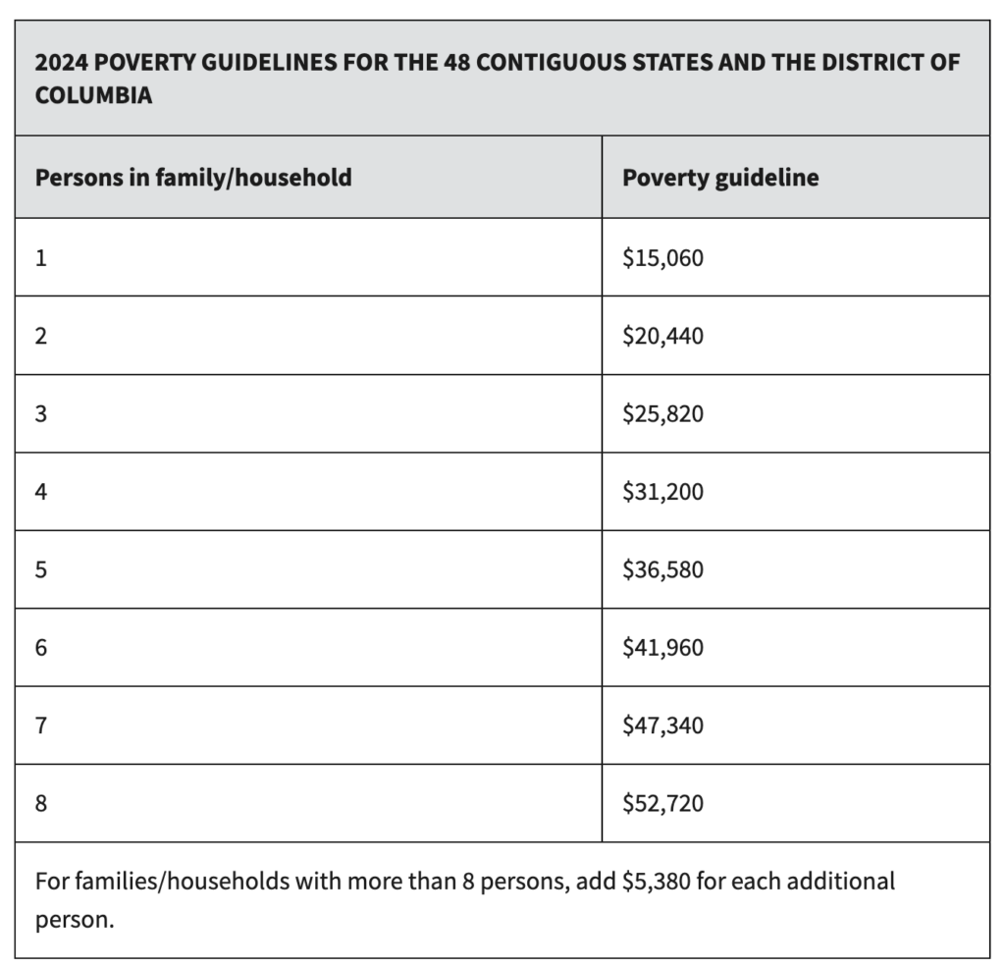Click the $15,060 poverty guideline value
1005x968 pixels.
[x=662, y=257]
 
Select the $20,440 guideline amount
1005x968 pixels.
[x=662, y=336]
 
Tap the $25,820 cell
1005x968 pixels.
[x=662, y=414]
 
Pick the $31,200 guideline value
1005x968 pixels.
[x=662, y=492]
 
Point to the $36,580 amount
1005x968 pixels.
[x=662, y=569]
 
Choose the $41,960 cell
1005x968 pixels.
[x=662, y=648]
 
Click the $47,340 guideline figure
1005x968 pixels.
[x=662, y=726]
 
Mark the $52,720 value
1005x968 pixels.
[x=662, y=804]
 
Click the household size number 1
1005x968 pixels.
[x=41, y=257]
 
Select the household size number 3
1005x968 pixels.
[x=41, y=414]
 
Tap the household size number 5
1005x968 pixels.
[x=41, y=569]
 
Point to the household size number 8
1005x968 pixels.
[x=41, y=804]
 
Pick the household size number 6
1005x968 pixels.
[x=41, y=648]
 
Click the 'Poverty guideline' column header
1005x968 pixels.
[x=720, y=178]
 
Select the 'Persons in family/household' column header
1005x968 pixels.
[x=193, y=178]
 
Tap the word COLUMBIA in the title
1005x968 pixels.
[x=93, y=95]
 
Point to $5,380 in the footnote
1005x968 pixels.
[x=657, y=883]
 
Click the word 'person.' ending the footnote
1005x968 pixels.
[x=75, y=921]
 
